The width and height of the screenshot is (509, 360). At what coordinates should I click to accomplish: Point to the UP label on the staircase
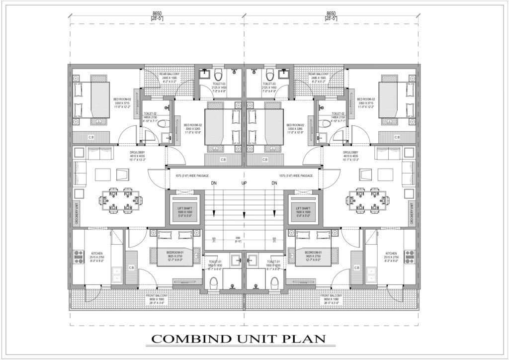click(244, 183)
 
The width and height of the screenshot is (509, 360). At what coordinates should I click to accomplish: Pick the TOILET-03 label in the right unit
click(269, 84)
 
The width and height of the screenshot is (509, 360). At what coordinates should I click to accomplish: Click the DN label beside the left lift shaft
click(214, 183)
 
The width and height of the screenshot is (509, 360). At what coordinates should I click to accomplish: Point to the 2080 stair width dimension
click(244, 239)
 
